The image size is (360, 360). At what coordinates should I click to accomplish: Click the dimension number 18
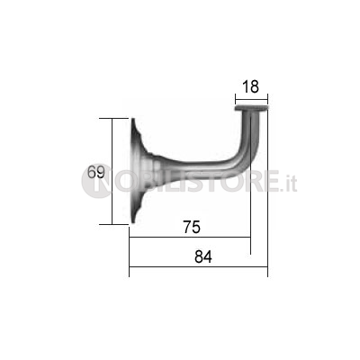click(x=250, y=86)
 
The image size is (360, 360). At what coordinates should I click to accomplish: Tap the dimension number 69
click(x=96, y=172)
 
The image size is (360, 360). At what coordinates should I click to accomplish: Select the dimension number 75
click(x=192, y=227)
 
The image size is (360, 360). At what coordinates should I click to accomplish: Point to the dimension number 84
click(x=203, y=257)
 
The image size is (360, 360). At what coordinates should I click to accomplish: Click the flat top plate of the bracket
click(x=251, y=108)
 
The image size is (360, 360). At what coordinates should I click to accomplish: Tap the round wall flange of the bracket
click(x=135, y=171)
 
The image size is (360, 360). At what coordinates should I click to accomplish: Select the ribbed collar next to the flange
click(x=154, y=170)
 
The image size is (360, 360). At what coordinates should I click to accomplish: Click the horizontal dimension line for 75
click(x=190, y=237)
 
